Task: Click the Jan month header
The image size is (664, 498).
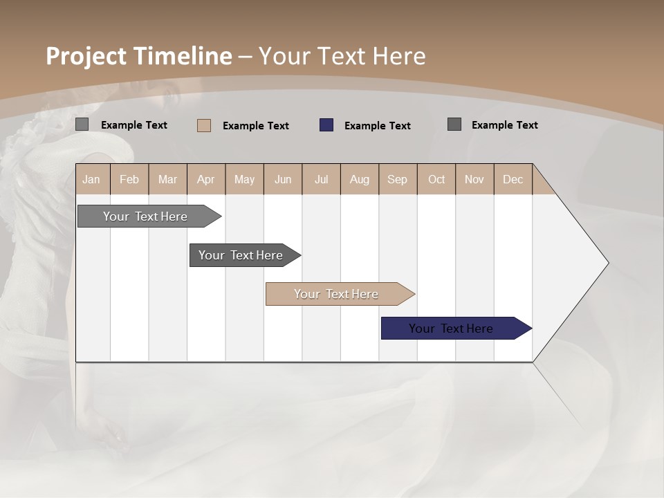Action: point(91,179)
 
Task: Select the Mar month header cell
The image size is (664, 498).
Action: point(167,179)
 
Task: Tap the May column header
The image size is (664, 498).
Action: point(244,179)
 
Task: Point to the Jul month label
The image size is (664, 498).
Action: point(321,179)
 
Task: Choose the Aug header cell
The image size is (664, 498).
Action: point(359,179)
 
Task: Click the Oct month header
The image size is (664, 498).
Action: point(436,179)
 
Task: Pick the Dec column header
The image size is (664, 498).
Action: point(513,179)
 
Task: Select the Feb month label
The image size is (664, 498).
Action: point(129,179)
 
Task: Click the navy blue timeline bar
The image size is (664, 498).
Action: point(451,329)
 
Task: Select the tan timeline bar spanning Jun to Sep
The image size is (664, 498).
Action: point(336,294)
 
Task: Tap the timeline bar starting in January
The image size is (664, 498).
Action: point(145,216)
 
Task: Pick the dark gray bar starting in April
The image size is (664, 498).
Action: point(241,255)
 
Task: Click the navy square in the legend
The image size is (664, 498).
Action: point(326,125)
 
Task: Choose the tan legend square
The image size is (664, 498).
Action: point(204,125)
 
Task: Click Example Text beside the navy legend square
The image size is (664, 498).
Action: point(377,126)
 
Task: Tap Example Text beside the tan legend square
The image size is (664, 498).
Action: point(255,126)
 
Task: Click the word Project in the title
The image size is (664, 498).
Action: point(86,56)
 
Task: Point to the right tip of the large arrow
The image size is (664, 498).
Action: point(607,263)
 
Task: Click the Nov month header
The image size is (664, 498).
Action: point(474,179)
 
